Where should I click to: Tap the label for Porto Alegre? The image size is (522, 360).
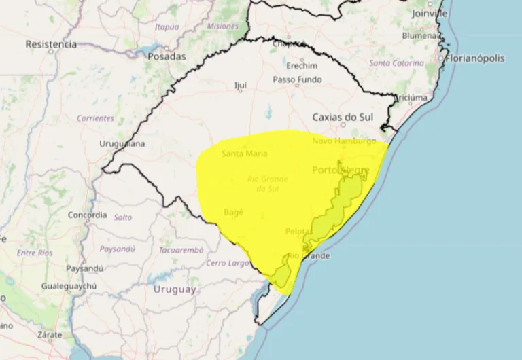(x=341, y=170)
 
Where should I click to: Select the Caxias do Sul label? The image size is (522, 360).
(x=344, y=117)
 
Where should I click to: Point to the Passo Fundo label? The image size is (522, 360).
(x=297, y=79)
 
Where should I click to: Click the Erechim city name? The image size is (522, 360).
(x=302, y=66)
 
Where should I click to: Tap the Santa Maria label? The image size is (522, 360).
(x=244, y=154)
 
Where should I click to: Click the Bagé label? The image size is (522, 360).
(x=233, y=212)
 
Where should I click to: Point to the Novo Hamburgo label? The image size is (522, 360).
(x=344, y=141)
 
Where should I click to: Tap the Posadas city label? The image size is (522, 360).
(x=167, y=57)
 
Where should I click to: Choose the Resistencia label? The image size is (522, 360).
(x=51, y=44)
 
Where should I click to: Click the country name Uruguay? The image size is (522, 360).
(x=175, y=289)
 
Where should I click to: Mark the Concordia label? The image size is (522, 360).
(x=87, y=215)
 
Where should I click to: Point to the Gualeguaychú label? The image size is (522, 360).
(x=69, y=286)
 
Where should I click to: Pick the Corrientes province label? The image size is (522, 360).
(x=95, y=118)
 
